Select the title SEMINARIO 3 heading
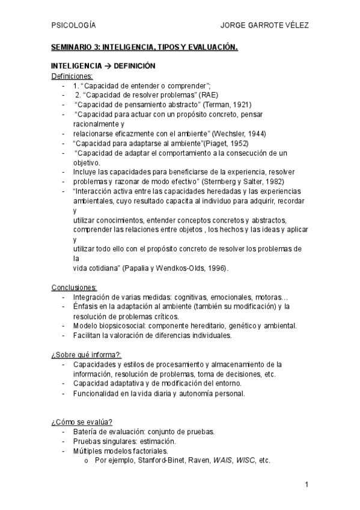coord(144,47)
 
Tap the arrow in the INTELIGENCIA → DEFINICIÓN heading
coord(107,66)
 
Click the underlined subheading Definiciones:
coord(72,76)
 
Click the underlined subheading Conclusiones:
coord(74,287)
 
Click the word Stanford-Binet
coord(154,460)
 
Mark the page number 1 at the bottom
coord(307,485)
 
